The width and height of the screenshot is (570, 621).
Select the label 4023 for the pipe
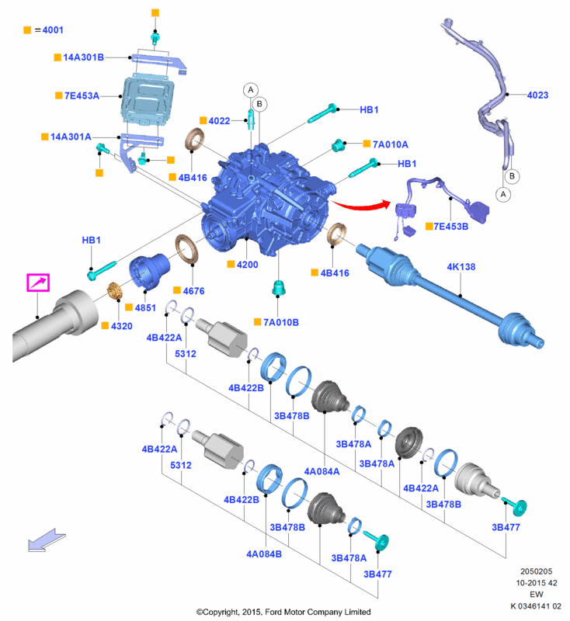[x=537, y=95]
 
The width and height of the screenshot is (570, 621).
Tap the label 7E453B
[x=452, y=227]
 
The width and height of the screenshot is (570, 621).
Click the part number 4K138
[x=461, y=267]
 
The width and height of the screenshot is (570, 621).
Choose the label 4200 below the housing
[x=248, y=265]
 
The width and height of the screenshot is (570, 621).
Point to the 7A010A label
[x=390, y=144]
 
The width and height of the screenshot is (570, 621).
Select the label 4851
[x=145, y=308]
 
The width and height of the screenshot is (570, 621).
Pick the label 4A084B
[x=264, y=555]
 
